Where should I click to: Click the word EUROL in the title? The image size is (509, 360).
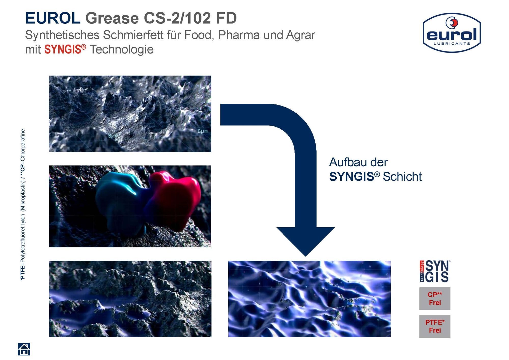pyautogui.click(x=53, y=18)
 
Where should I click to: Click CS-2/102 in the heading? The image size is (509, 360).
pyautogui.click(x=177, y=18)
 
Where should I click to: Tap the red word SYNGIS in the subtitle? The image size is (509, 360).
pyautogui.click(x=63, y=49)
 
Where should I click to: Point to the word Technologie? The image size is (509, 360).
pyautogui.click(x=122, y=50)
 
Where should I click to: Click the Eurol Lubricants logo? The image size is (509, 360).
pyautogui.click(x=452, y=33)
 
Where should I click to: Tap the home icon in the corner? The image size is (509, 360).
pyautogui.click(x=24, y=349)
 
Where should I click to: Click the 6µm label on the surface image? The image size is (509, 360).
pyautogui.click(x=203, y=131)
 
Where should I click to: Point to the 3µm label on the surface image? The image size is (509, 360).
pyautogui.click(x=113, y=136)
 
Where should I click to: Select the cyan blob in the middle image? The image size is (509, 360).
pyautogui.click(x=120, y=199)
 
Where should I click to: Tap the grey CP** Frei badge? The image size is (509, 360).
pyautogui.click(x=435, y=298)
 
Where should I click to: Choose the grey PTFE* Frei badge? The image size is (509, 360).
pyautogui.click(x=435, y=326)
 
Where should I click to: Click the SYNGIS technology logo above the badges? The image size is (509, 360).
pyautogui.click(x=435, y=271)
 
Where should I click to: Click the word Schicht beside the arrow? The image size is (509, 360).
pyautogui.click(x=402, y=177)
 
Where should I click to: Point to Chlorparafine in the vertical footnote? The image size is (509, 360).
pyautogui.click(x=23, y=145)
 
